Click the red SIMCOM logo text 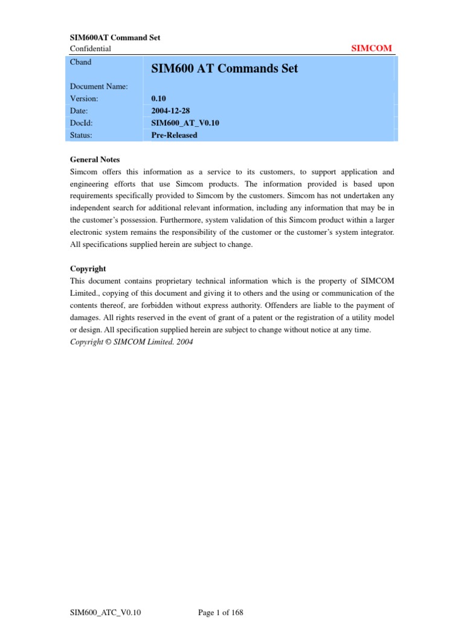(x=372, y=48)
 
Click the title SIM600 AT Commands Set (x=224, y=69)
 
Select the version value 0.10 (x=159, y=98)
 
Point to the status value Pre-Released (x=174, y=135)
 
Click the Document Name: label (x=98, y=86)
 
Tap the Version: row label (x=84, y=98)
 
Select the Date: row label (x=80, y=110)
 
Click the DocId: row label (x=82, y=123)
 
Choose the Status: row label (x=81, y=135)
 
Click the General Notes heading (x=95, y=159)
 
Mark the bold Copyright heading (x=88, y=269)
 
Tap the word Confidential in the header (x=91, y=48)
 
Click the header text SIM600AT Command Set (x=115, y=37)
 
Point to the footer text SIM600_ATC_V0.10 (x=105, y=613)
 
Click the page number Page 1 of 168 (x=221, y=613)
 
